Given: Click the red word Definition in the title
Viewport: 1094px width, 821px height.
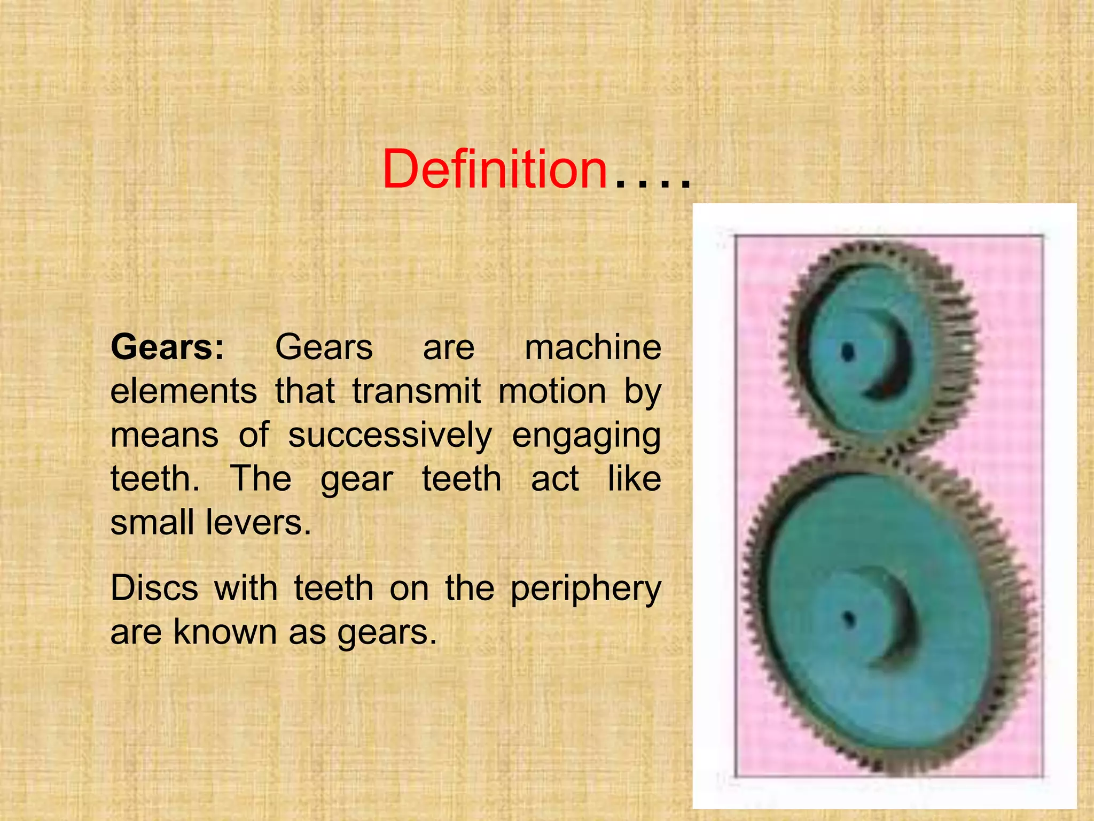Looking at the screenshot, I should pyautogui.click(x=495, y=169).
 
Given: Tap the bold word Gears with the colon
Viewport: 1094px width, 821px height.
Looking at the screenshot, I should pyautogui.click(x=167, y=347).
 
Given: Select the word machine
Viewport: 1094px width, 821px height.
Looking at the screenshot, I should pyautogui.click(x=593, y=347).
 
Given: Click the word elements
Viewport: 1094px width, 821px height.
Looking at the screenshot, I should pyautogui.click(x=184, y=391).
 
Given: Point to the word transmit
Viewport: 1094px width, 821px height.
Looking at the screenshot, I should pyautogui.click(x=417, y=391).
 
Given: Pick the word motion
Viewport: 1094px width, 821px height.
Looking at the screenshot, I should pyautogui.click(x=552, y=391).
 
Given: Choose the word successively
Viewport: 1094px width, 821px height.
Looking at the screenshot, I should pyautogui.click(x=390, y=436).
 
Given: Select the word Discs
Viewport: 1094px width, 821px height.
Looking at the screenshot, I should pyautogui.click(x=154, y=588).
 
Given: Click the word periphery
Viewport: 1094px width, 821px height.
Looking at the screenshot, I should pyautogui.click(x=586, y=590).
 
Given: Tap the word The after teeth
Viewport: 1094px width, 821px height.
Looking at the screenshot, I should pyautogui.click(x=261, y=478).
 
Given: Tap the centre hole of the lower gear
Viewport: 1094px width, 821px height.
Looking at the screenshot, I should pyautogui.click(x=849, y=620).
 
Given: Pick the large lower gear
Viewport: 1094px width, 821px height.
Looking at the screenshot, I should pyautogui.click(x=887, y=609).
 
